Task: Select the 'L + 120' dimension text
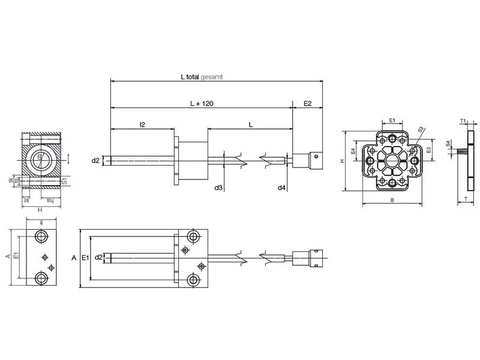[x=202, y=104]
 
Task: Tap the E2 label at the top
[x=308, y=104]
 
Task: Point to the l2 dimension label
[x=142, y=124]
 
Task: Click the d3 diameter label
[x=219, y=188]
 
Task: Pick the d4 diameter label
[x=281, y=188]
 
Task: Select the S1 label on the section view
[x=64, y=179]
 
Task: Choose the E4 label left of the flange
[x=353, y=153]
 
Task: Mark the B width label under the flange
[x=392, y=200]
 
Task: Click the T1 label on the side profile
[x=463, y=121]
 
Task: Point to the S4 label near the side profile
[x=448, y=144]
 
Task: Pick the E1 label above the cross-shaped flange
[x=392, y=121]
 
